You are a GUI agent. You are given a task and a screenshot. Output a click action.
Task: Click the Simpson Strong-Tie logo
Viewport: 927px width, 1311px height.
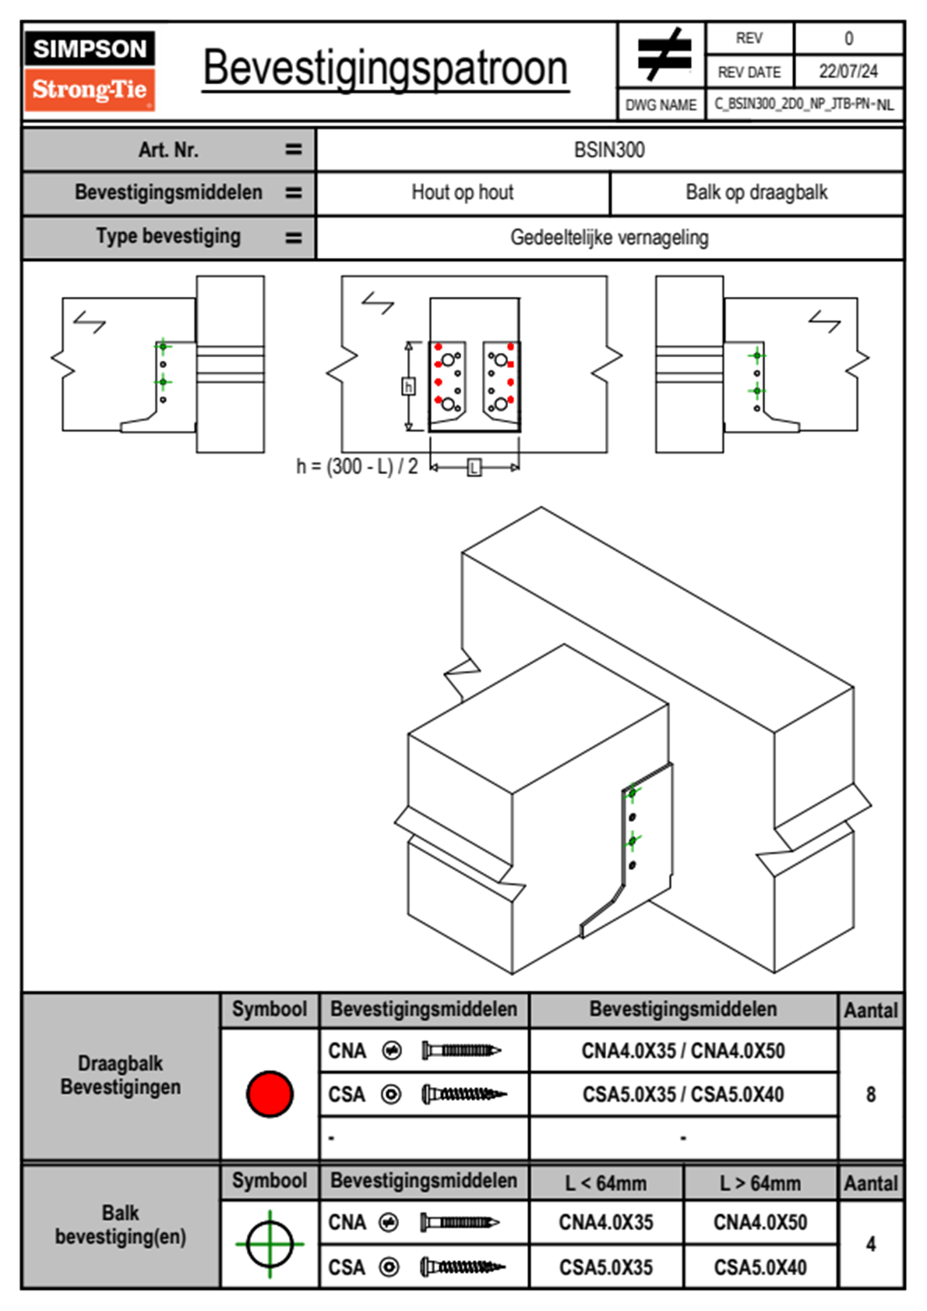click(x=90, y=71)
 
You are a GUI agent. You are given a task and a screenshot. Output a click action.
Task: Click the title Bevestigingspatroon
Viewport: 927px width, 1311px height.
click(x=385, y=69)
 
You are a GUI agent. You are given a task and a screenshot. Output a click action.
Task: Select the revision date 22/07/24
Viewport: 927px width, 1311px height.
click(x=848, y=72)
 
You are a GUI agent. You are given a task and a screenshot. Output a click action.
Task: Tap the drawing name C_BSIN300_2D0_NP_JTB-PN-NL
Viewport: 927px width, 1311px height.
click(x=804, y=104)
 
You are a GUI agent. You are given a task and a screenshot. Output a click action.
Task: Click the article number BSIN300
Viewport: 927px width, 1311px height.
click(x=609, y=150)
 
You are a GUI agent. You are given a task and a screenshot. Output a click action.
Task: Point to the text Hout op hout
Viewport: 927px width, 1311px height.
click(x=463, y=193)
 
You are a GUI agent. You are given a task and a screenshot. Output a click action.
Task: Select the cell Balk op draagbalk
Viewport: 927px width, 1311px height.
click(x=756, y=193)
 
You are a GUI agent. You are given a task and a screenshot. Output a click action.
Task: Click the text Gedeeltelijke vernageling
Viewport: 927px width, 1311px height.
click(x=609, y=238)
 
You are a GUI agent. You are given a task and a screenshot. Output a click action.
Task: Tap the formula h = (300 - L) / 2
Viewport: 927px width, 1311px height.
click(x=357, y=467)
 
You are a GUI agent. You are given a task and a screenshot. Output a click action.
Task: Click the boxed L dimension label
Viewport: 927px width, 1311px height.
click(x=474, y=468)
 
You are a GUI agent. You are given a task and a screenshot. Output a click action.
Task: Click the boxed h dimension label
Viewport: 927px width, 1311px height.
click(x=408, y=387)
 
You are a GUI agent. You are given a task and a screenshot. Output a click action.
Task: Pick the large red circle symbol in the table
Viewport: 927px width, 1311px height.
click(x=270, y=1094)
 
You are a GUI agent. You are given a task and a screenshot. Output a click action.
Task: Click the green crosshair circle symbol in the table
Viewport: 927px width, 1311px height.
click(x=270, y=1244)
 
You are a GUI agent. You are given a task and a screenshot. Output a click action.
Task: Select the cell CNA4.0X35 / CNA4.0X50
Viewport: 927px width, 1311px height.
click(x=683, y=1051)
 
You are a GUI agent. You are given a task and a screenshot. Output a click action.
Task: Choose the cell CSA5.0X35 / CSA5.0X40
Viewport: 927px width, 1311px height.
click(x=683, y=1095)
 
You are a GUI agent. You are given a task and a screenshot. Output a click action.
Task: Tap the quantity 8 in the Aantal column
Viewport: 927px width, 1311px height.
click(x=871, y=1095)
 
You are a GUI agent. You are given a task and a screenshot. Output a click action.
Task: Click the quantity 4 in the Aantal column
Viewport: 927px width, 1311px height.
click(x=871, y=1244)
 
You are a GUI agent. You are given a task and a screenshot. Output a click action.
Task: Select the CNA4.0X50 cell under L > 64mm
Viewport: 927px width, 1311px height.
click(x=760, y=1223)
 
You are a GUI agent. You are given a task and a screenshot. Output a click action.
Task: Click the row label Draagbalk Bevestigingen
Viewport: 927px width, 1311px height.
click(x=121, y=1076)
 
